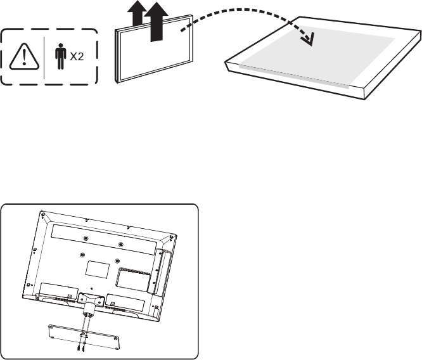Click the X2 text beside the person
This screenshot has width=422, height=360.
(x=76, y=57)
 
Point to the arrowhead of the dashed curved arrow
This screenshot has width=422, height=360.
(x=309, y=40)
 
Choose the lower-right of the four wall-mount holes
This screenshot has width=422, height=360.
(x=118, y=260)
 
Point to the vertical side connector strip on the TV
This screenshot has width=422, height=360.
(x=158, y=269)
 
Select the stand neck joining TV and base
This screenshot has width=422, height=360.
(x=86, y=305)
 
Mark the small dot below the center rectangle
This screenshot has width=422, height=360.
(x=91, y=287)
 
